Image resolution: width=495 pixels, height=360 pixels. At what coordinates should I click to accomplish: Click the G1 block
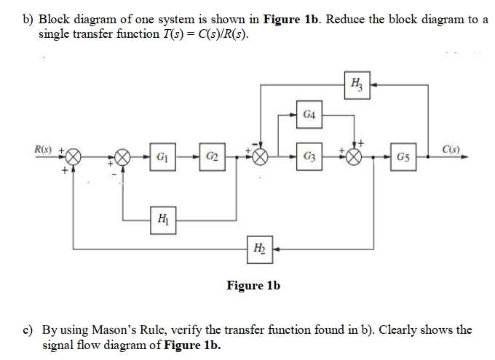162,157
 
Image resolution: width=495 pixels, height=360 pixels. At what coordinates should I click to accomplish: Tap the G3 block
308,157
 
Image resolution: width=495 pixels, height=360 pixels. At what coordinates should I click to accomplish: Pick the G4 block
309,115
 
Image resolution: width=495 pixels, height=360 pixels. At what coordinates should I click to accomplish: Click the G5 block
403,157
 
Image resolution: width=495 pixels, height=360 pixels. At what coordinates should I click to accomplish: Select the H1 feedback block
162,217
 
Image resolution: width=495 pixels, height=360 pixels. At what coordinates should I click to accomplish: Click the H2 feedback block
260,248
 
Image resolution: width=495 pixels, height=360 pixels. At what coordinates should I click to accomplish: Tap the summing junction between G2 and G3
259,157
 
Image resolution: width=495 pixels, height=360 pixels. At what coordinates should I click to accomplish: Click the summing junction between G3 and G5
355,157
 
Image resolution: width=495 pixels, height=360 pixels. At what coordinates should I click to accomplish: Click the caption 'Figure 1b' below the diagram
253,286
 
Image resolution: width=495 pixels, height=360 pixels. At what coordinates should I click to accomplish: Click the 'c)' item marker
27,329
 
